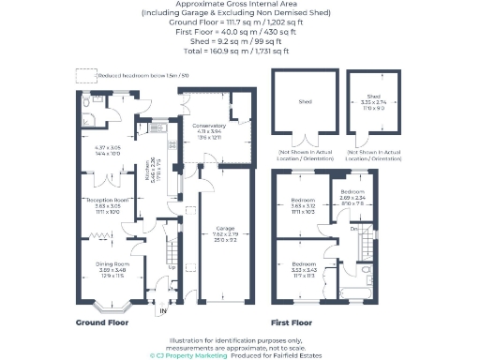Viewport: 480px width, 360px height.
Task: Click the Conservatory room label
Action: [208, 126]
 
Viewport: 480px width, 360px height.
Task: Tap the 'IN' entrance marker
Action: [161, 310]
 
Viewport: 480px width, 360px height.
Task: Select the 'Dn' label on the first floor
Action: [353, 228]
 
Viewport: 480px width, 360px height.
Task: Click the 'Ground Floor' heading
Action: [103, 322]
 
